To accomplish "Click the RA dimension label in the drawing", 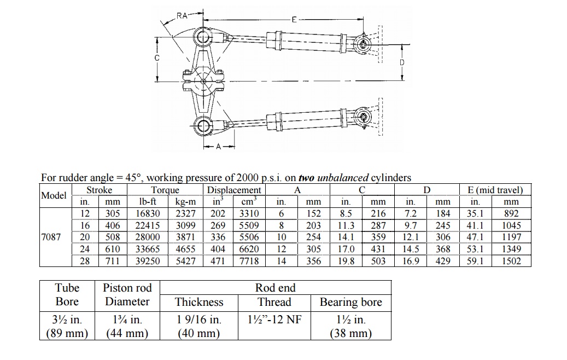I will pos(182,15).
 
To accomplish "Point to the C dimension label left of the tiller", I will pos(157,57).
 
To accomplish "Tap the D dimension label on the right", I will pos(402,62).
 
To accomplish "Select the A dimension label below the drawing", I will pos(219,147).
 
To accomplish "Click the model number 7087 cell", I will pos(51,237).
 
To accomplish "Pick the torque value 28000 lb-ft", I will pos(148,237).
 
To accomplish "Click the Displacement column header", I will pos(234,190).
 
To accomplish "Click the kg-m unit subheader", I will pos(185,202).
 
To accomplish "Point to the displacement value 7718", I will pos(249,261).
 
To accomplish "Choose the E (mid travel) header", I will pos(495,190).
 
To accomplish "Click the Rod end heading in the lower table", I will pos(275,288).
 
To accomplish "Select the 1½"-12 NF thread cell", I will pos(275,320).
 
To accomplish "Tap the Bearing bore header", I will pos(350,302).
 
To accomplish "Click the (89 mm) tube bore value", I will pos(67,333).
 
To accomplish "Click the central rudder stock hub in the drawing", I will pos(203,82).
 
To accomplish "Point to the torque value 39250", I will pos(148,261).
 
